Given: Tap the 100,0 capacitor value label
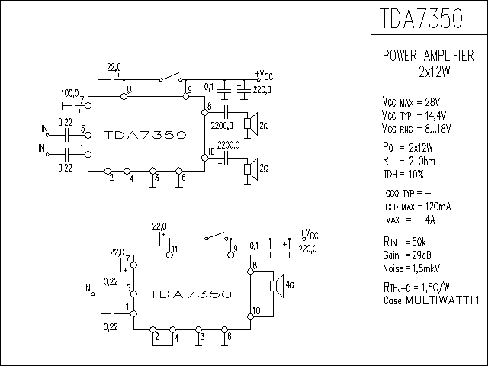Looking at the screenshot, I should (70, 93).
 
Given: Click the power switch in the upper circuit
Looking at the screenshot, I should (169, 79).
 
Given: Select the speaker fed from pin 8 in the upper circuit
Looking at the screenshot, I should (248, 124).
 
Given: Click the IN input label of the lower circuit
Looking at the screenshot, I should (88, 287).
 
